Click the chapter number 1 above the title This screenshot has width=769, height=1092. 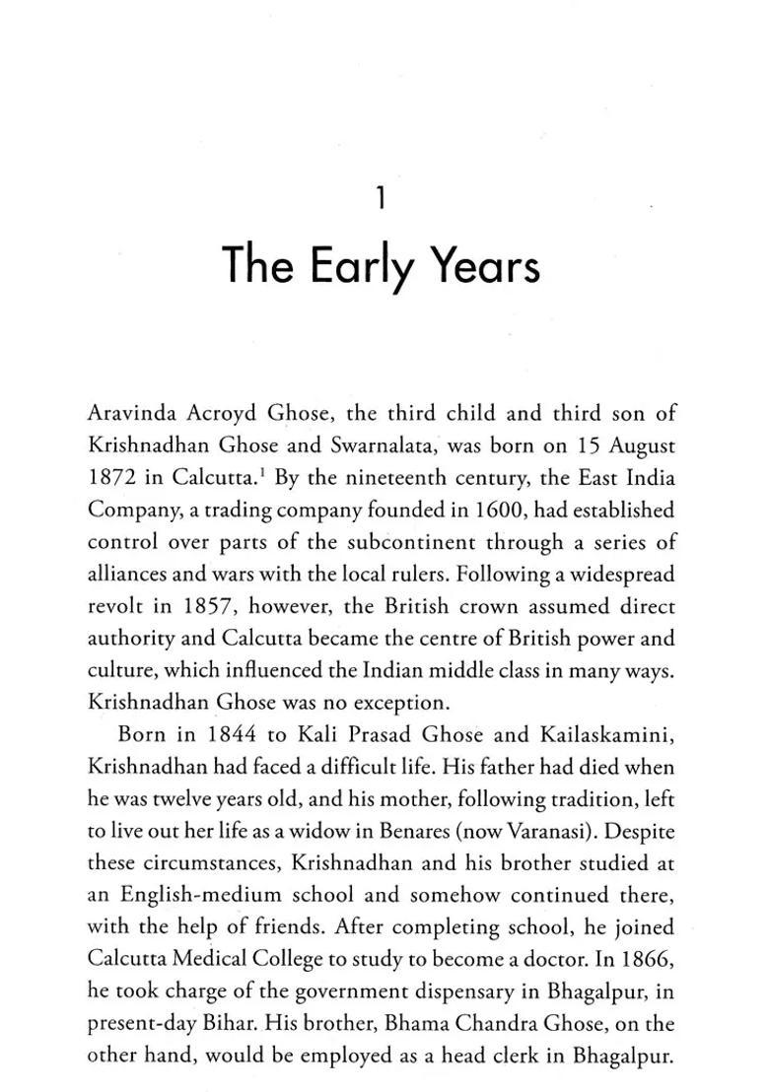coord(381,201)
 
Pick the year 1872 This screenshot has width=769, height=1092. coord(113,478)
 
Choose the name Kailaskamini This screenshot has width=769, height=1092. coord(609,734)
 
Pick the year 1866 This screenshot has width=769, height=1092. coord(649,959)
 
